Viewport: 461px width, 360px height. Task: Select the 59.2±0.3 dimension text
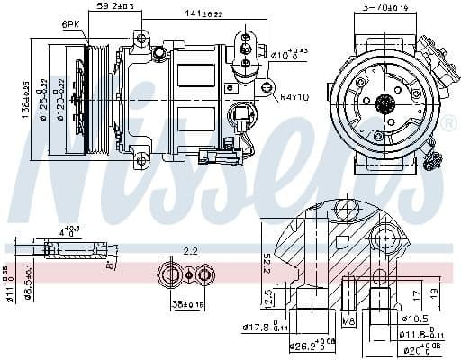(x=115, y=7)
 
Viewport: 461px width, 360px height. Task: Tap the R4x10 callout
(x=294, y=96)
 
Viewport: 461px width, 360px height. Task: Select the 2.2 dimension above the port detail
(x=190, y=251)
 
